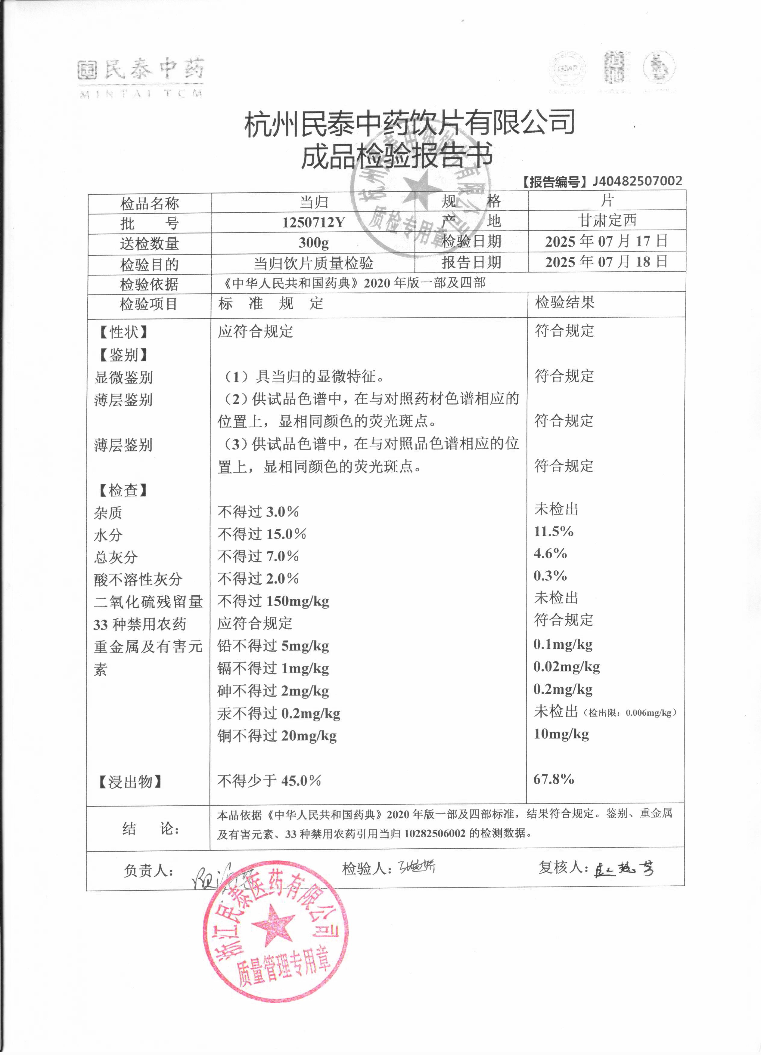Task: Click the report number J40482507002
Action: coord(636,181)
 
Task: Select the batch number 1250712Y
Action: coord(313,222)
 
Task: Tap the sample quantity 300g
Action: coord(313,242)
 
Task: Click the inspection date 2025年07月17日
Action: coord(606,241)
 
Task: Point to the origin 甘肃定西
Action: coord(607,220)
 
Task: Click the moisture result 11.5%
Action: coord(553,531)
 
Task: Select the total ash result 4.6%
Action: coord(550,554)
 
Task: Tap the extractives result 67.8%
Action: coord(553,779)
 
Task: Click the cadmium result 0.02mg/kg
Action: coord(567,667)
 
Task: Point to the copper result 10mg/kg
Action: coord(561,734)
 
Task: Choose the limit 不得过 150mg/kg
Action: coord(273,601)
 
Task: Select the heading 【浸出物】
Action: coord(130,782)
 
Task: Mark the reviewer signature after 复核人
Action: coord(624,868)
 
